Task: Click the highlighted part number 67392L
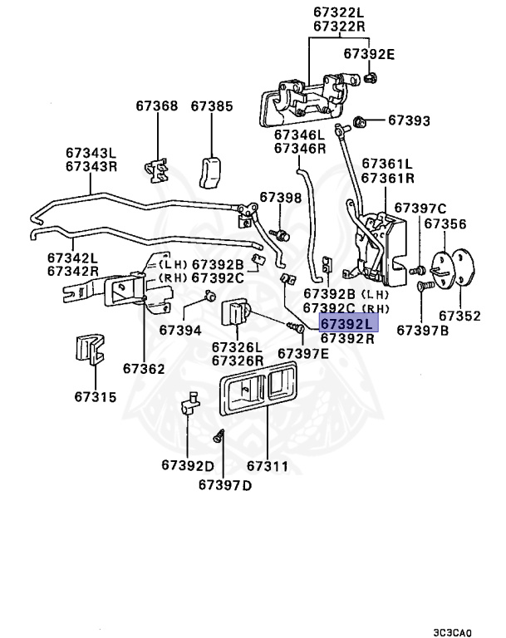coord(346,324)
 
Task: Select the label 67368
coord(157,106)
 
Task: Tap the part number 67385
coord(212,106)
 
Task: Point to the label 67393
coord(409,120)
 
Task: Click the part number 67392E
coord(369,54)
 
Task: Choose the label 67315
coord(96,397)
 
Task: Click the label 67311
coord(268,466)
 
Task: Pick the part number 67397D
coord(225,485)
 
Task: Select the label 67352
coord(459,316)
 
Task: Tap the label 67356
coord(445,223)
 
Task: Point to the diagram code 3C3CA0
coord(452,633)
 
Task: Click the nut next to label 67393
coord(359,120)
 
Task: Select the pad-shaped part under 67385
coord(210,173)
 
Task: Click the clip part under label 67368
coord(156,171)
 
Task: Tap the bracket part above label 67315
coord(90,349)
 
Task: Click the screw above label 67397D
coord(219,436)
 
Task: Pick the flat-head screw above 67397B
coord(423,287)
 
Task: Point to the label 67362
coord(144,369)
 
